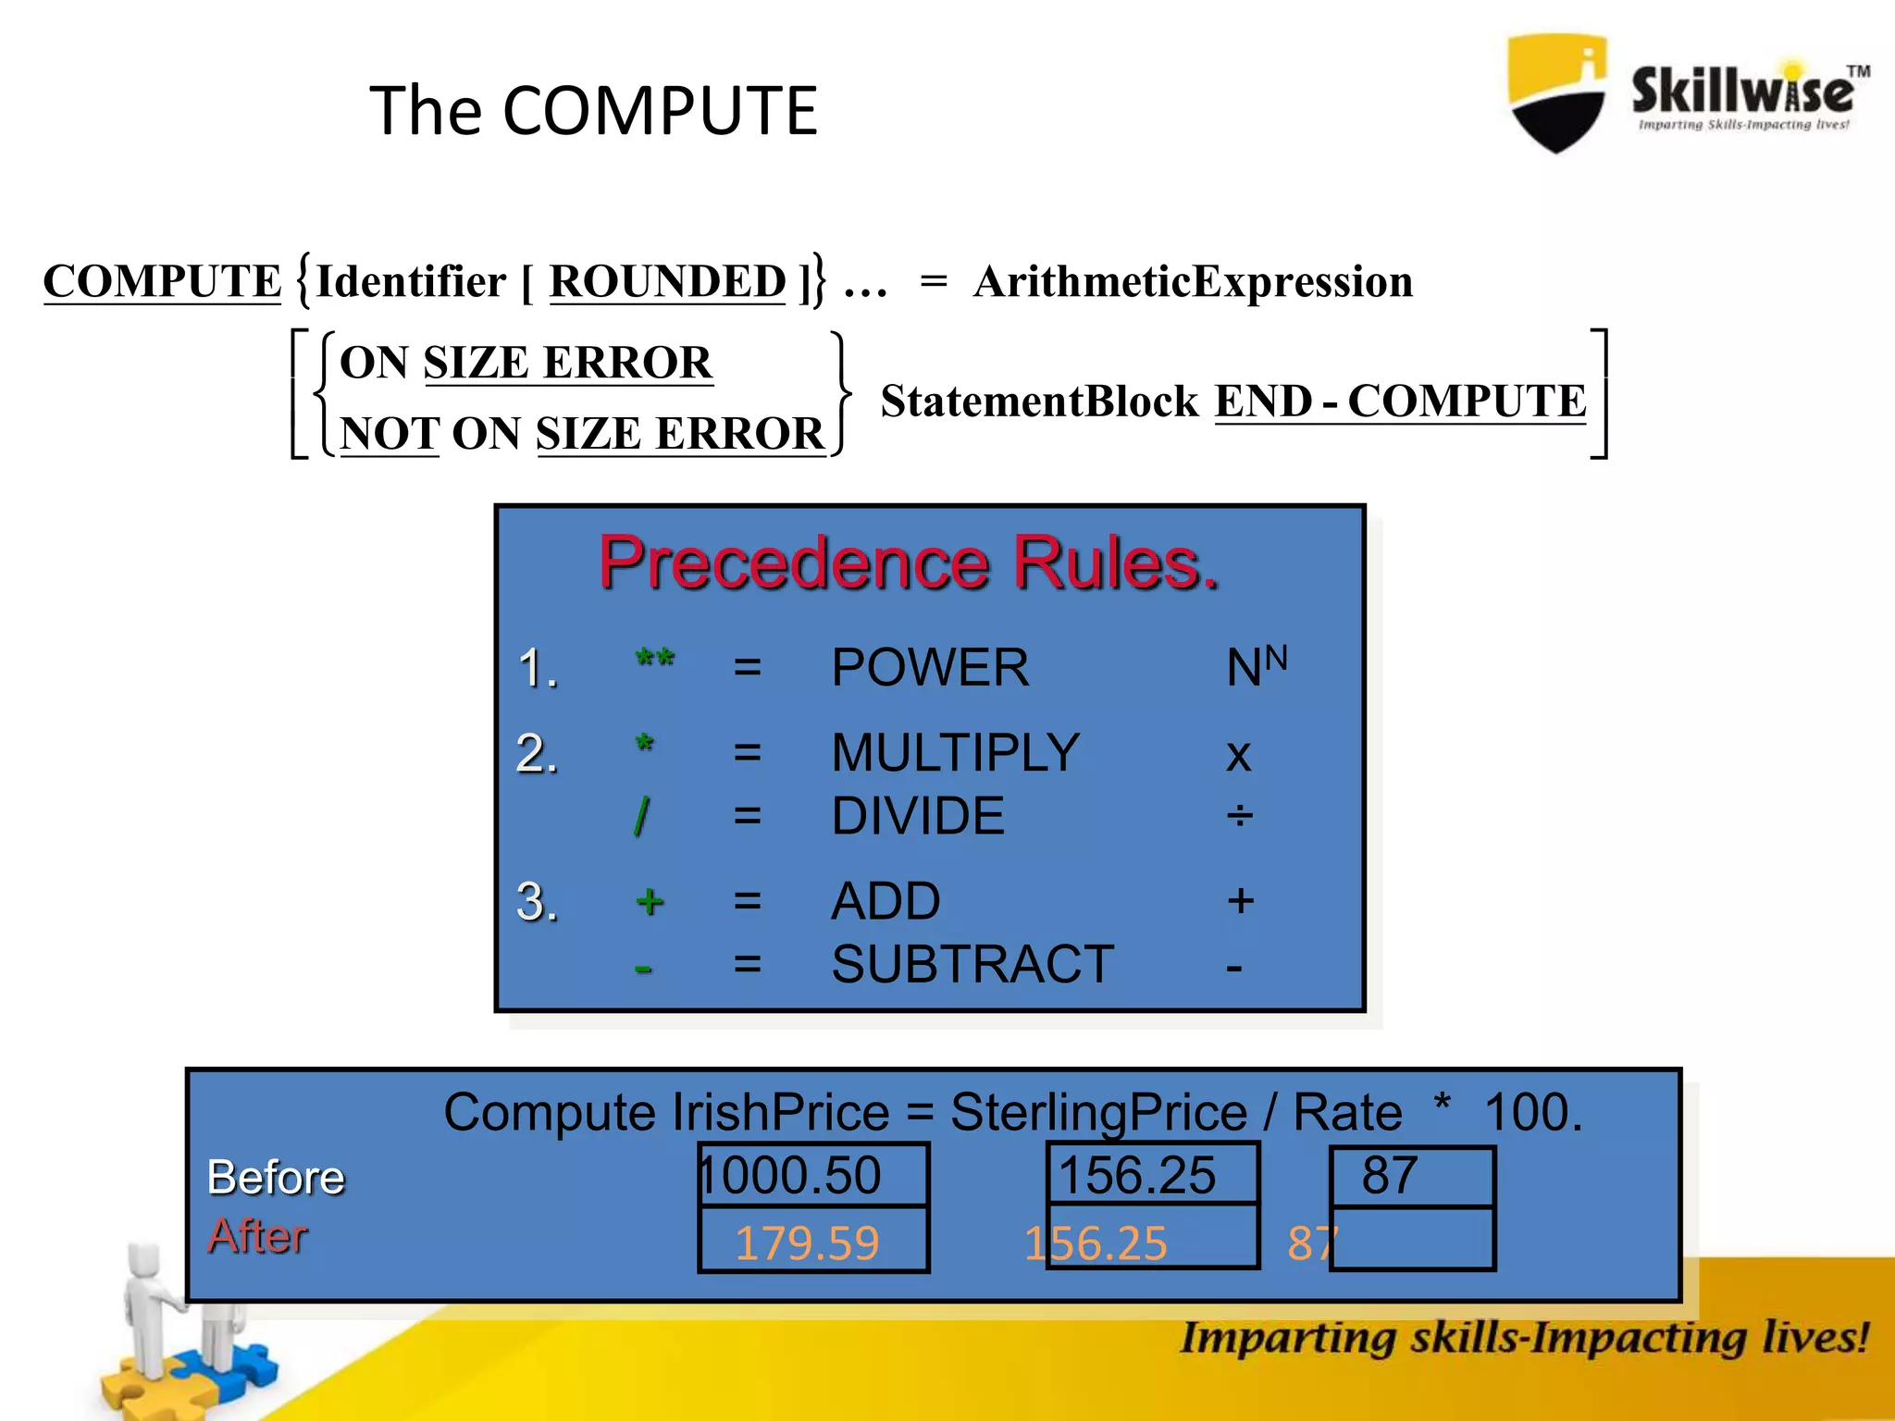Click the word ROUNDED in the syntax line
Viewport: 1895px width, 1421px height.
coord(667,281)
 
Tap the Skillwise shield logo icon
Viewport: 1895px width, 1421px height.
coord(1557,93)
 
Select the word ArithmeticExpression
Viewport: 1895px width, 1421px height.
coord(1193,281)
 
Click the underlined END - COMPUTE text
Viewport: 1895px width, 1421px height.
coord(1400,402)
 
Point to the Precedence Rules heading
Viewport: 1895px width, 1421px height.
coord(909,562)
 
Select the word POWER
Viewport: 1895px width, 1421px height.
coord(930,668)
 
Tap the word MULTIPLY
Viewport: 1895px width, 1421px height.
coord(956,752)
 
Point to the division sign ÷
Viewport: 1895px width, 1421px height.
coord(1240,817)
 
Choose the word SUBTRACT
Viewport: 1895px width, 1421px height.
coord(972,965)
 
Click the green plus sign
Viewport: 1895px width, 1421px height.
coord(650,901)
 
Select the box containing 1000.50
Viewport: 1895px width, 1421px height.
coord(812,1176)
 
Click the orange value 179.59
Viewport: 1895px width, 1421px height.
coord(807,1243)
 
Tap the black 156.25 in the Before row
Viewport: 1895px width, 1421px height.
coord(1136,1176)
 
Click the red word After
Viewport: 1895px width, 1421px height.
coord(257,1236)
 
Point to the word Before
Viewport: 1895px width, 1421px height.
coord(276,1178)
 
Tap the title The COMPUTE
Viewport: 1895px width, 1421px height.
coord(594,111)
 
